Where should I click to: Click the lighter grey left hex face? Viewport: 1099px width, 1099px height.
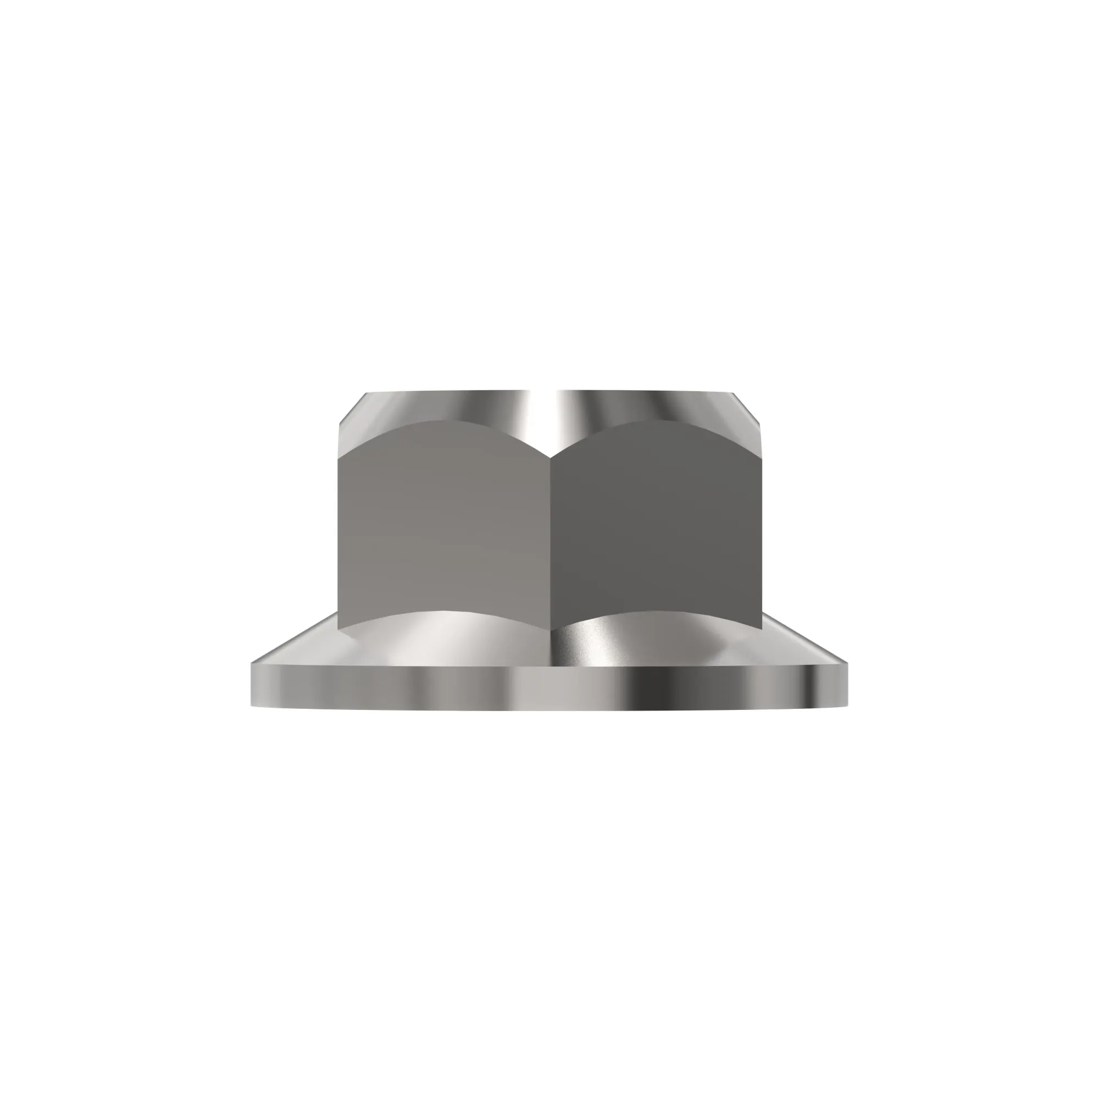tap(443, 529)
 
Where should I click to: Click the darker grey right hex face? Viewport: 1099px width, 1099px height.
tap(654, 529)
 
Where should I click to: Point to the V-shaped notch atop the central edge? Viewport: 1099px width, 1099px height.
tap(549, 456)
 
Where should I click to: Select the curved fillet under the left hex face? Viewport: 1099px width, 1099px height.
tap(443, 631)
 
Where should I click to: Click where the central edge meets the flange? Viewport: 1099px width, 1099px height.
tap(549, 626)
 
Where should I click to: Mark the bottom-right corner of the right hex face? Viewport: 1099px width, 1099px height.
tap(761, 629)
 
